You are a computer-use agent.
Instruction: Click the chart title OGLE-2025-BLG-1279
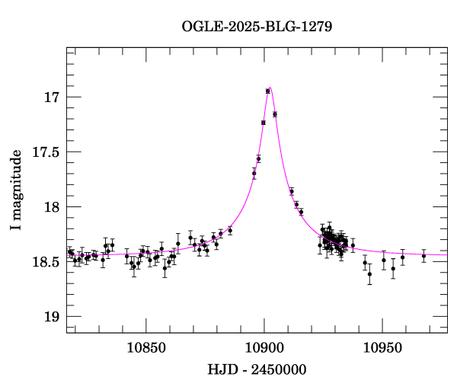click(x=257, y=26)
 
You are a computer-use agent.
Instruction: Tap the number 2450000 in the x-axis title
click(x=278, y=369)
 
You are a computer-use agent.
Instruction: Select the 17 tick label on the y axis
click(x=51, y=97)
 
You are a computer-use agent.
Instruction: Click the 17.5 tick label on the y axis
click(x=45, y=152)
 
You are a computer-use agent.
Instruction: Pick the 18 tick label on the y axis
click(x=51, y=207)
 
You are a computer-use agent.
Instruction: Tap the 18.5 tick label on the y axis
click(x=45, y=262)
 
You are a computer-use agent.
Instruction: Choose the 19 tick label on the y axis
click(x=51, y=317)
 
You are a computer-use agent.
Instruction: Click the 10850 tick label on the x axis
click(x=145, y=347)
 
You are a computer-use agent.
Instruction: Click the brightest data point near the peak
click(x=268, y=91)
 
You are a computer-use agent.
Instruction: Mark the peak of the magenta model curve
click(x=270, y=88)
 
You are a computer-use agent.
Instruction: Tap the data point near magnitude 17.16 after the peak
click(x=275, y=114)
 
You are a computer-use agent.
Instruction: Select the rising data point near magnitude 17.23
click(x=264, y=123)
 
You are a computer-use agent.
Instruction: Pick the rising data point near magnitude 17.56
click(x=259, y=158)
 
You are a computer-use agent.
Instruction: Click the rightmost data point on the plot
click(x=424, y=256)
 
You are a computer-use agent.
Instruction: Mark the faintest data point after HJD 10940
click(x=370, y=273)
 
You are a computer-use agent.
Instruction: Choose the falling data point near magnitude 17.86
click(x=292, y=191)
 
